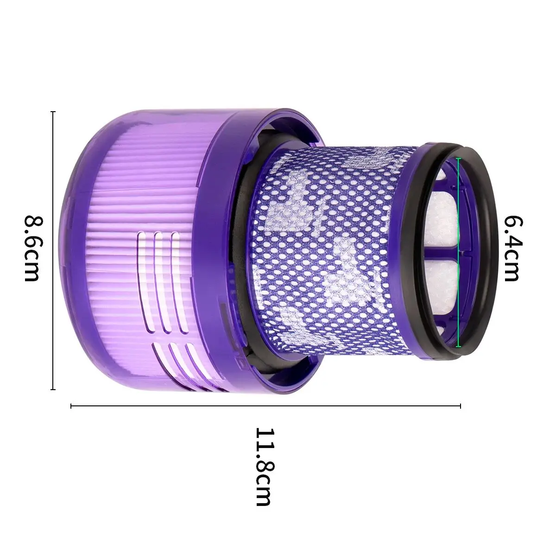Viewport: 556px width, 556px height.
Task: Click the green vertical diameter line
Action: (x=459, y=253)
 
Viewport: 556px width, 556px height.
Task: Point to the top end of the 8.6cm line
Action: (x=53, y=112)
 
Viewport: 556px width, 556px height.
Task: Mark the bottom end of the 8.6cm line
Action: (x=53, y=389)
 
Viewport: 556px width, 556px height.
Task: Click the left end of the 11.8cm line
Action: (x=71, y=406)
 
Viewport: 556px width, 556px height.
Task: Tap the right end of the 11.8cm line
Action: (x=460, y=406)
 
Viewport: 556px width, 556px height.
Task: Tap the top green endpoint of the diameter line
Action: (x=459, y=159)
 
